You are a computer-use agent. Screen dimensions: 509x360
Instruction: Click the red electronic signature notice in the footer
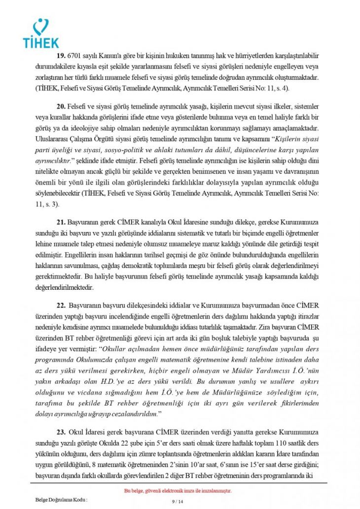click(x=177, y=491)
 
